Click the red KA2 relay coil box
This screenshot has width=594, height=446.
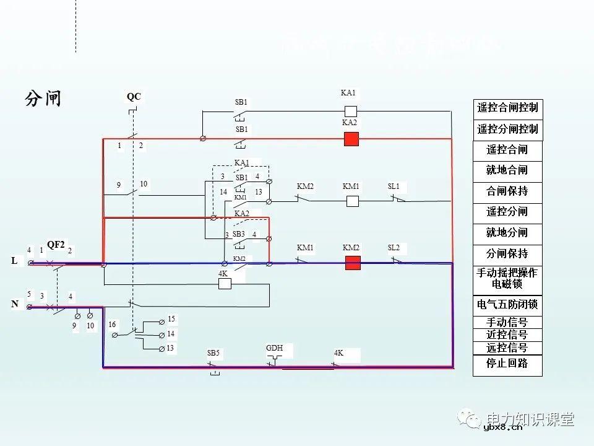351,139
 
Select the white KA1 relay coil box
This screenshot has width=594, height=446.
350,111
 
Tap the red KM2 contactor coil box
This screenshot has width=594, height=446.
352,263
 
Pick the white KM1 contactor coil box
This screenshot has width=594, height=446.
352,201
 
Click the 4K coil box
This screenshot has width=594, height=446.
225,284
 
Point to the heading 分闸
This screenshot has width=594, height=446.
43,98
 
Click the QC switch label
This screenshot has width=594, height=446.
134,97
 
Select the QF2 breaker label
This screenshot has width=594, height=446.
56,245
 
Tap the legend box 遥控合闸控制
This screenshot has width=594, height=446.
507,108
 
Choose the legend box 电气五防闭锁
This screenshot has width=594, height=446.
507,305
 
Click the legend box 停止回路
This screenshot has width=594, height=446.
507,364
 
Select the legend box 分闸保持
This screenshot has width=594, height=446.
507,254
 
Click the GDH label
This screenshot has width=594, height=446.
274,349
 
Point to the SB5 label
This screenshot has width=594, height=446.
213,353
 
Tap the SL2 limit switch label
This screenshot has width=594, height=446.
394,248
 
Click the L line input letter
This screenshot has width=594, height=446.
14,261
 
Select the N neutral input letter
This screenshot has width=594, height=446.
14,305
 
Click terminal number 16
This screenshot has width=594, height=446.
112,325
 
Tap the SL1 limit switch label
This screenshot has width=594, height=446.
394,186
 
